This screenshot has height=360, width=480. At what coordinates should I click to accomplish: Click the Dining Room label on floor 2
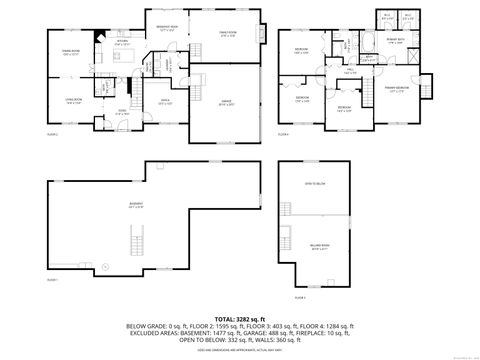(70, 52)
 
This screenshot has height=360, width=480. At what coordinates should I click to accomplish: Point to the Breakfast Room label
(166, 28)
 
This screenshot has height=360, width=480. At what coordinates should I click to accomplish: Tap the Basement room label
(136, 206)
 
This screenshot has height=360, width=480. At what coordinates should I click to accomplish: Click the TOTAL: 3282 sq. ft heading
(238, 315)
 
